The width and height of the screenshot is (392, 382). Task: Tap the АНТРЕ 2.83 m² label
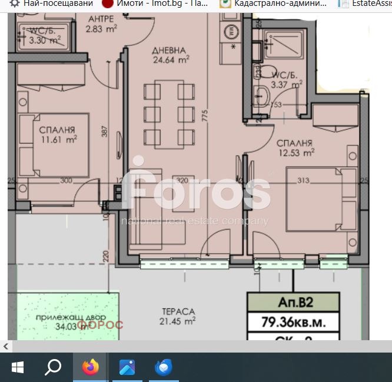coord(101,24)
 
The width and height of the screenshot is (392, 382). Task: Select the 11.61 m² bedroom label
coord(58,135)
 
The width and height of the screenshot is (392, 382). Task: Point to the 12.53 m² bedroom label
coord(295,148)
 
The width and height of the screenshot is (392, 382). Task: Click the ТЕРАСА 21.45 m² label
coord(178,316)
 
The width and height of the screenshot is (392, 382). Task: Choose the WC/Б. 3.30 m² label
coord(45,35)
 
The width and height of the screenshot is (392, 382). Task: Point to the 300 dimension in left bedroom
coord(65,181)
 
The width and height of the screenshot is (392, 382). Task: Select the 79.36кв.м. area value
coord(293,323)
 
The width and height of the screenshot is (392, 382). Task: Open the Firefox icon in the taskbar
coord(90,368)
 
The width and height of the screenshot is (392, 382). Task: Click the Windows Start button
coord(18,368)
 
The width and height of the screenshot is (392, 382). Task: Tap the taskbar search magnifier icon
coord(53,368)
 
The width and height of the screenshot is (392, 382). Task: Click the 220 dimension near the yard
coord(106,256)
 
